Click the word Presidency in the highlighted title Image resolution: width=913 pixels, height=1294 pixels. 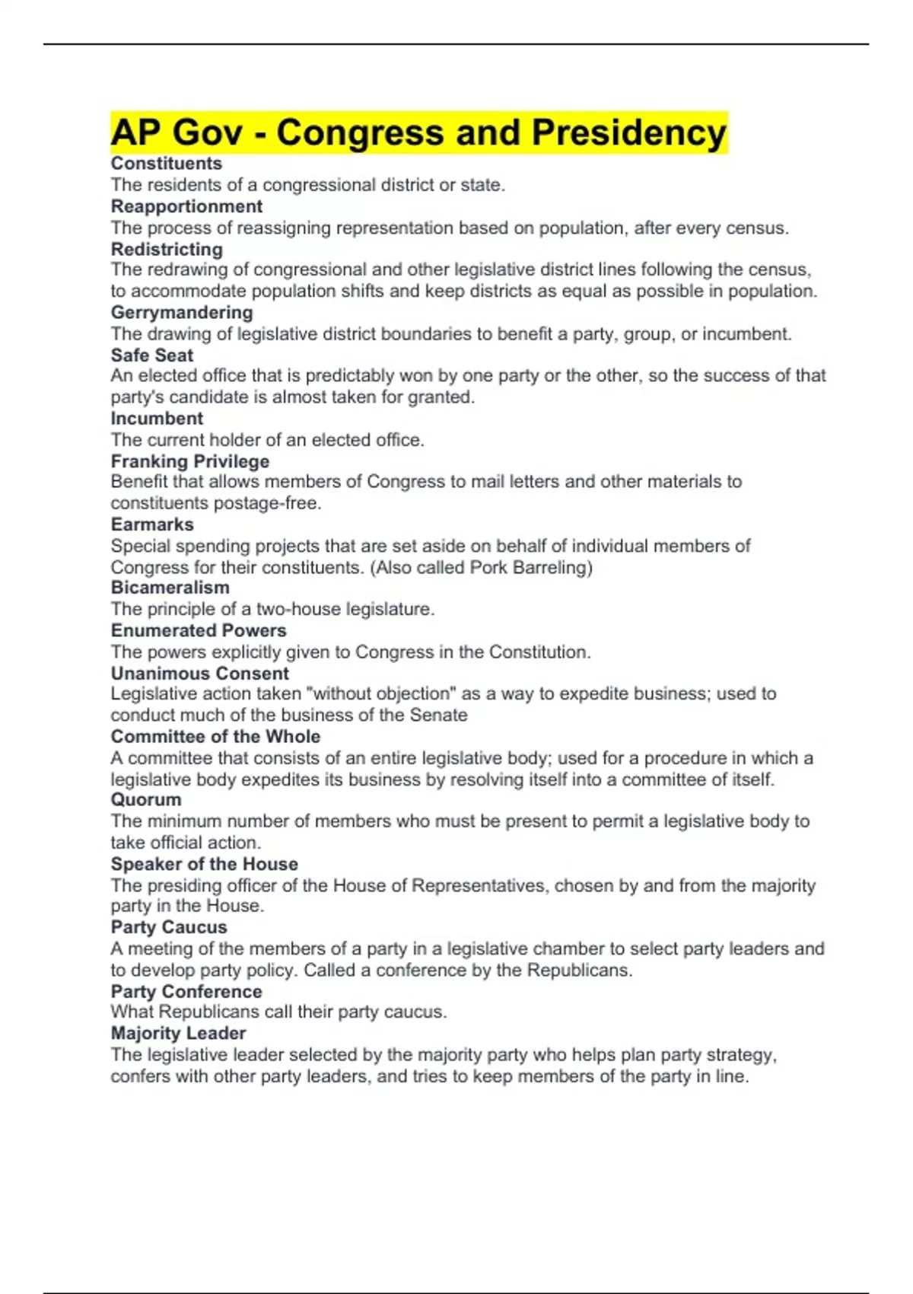click(629, 132)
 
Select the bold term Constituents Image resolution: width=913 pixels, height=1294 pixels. click(166, 164)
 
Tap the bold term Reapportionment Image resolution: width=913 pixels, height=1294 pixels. click(186, 206)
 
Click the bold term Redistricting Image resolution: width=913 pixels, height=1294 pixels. click(167, 249)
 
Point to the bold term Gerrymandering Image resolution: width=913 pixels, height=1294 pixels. click(182, 312)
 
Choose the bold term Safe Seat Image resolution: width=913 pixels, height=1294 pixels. click(152, 355)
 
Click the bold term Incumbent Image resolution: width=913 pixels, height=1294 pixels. click(157, 418)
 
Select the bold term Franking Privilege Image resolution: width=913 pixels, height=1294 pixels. click(190, 461)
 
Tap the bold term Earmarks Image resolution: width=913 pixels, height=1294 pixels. click(152, 524)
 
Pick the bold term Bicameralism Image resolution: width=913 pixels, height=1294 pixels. click(170, 588)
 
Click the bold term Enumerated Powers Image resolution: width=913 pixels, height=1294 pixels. click(199, 630)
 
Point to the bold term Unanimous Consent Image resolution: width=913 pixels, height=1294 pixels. click(199, 674)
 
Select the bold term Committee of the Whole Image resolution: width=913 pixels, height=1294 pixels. click(215, 736)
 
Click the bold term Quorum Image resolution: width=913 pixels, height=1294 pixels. click(146, 799)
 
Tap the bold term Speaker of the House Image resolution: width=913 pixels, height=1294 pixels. click(204, 864)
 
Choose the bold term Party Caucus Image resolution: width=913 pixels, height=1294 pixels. click(169, 927)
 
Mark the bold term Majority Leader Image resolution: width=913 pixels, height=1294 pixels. click(178, 1033)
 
